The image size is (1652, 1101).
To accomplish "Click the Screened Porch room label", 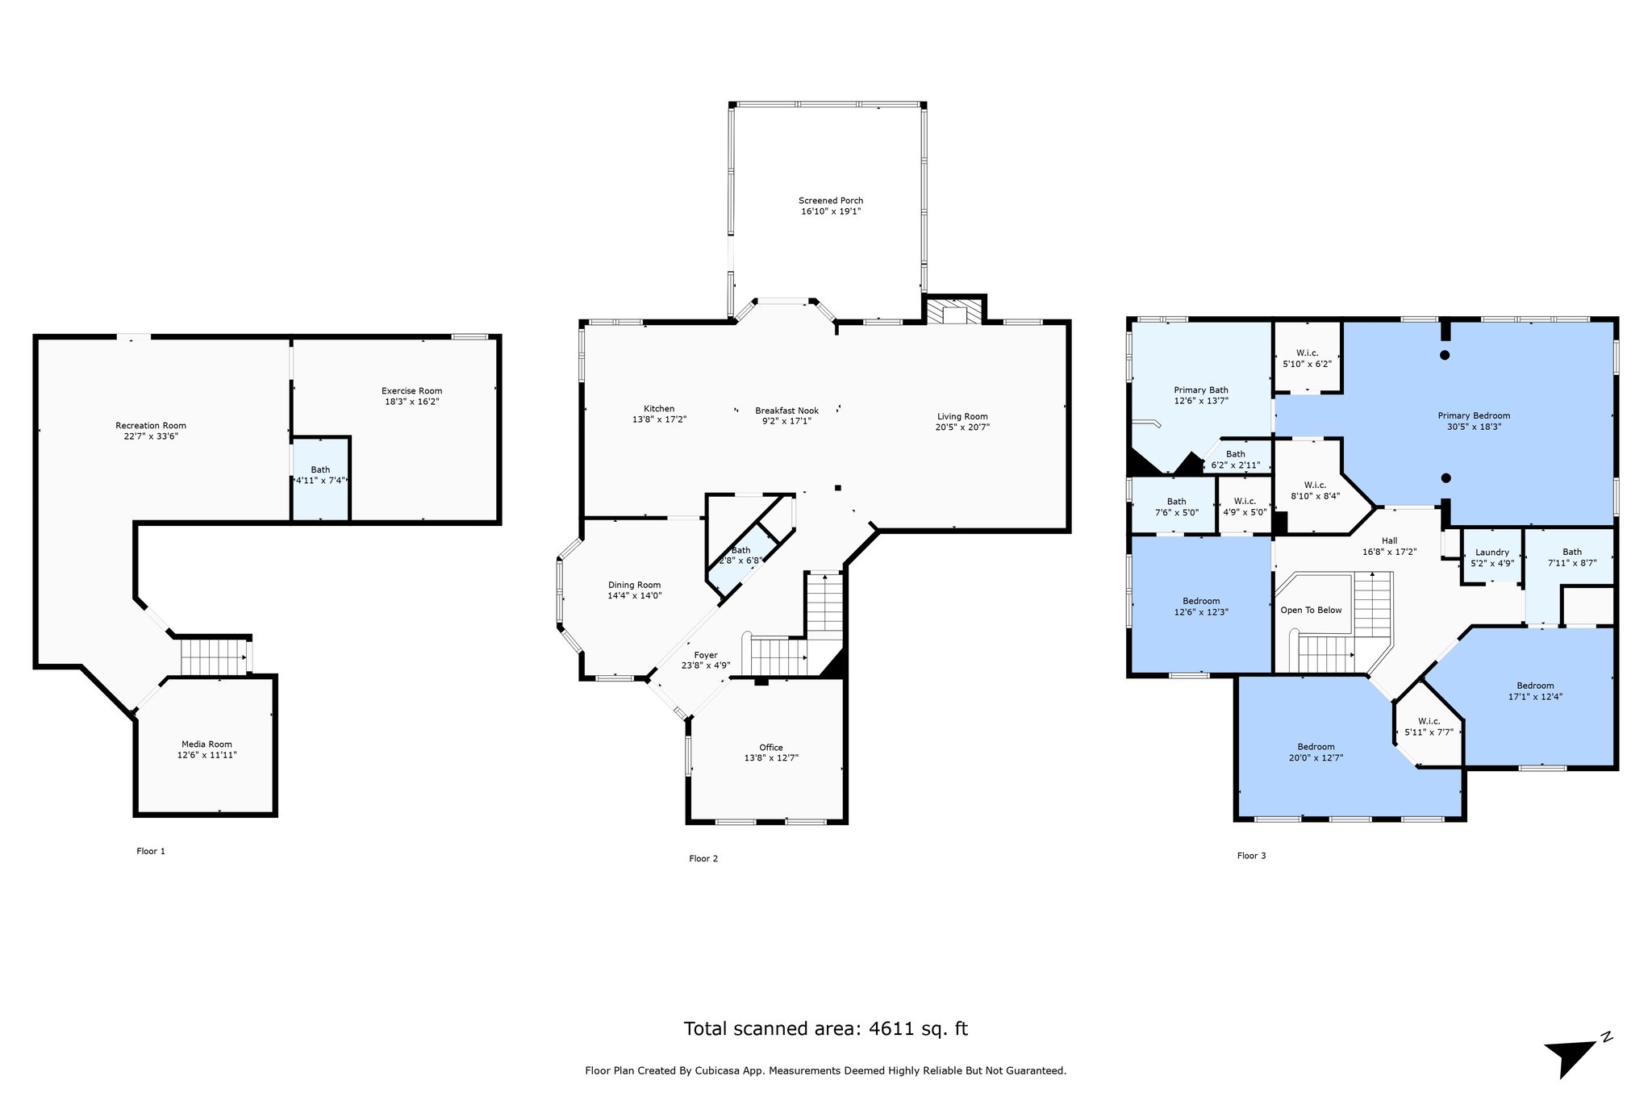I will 831,201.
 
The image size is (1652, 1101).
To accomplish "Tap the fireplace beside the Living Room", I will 954,312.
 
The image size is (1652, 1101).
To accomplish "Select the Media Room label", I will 206,744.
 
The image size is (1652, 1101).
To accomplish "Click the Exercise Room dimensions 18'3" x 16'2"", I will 411,402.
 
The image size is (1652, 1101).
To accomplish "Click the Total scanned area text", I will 825,1028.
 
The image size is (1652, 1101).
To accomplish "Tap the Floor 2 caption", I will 703,859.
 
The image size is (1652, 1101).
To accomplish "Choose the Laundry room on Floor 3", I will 1491,557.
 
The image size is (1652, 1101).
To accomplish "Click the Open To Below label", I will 1311,610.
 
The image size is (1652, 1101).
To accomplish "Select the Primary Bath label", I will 1200,390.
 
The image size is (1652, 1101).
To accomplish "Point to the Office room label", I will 770,748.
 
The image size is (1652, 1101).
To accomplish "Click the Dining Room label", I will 634,586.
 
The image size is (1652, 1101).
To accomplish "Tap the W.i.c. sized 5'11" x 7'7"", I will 1429,727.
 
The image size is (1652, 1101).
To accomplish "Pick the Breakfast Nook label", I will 786,411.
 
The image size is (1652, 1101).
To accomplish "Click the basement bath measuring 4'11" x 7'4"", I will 320,475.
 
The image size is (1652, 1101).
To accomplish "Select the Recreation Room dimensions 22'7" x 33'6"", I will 151,436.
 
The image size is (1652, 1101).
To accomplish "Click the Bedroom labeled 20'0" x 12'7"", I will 1316,752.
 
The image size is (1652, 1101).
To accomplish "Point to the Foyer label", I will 705,656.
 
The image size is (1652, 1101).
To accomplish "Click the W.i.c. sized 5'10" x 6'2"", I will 1307,359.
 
